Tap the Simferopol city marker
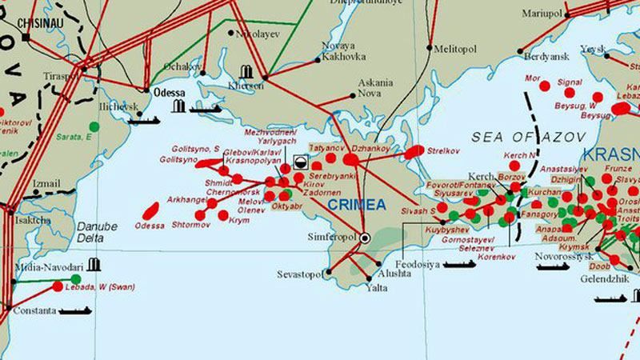coord(365,238)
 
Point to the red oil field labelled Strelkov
coord(415,150)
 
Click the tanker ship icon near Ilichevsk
coord(144,120)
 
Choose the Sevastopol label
coord(298,274)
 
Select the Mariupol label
coord(542,14)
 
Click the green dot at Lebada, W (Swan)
coord(76,279)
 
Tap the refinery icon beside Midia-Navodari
coord(95,264)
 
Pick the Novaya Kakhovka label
coord(343,50)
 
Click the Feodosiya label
coord(418,264)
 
